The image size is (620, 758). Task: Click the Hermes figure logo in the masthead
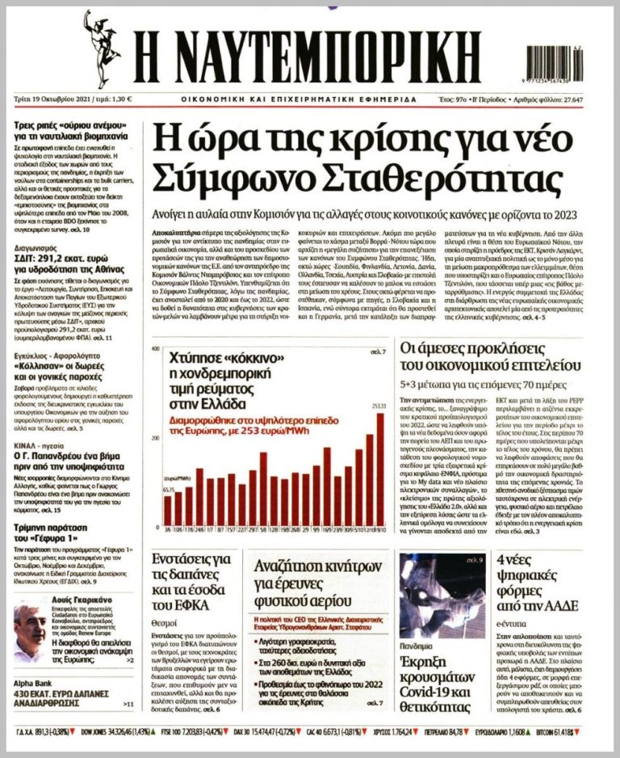click(x=102, y=48)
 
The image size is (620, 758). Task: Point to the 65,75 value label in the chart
click(x=168, y=490)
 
